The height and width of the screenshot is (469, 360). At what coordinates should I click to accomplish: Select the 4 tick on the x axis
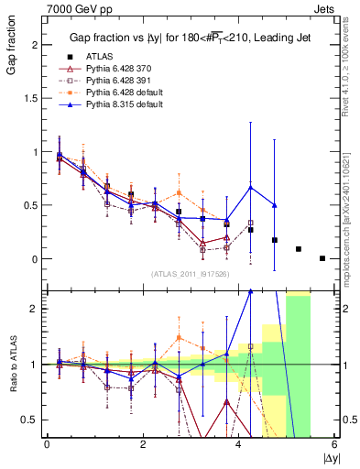239,444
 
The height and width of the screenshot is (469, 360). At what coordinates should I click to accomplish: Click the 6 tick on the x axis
335,444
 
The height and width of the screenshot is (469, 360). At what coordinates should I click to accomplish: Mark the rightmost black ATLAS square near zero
322,258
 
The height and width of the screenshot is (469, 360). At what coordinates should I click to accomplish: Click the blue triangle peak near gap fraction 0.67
250,188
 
